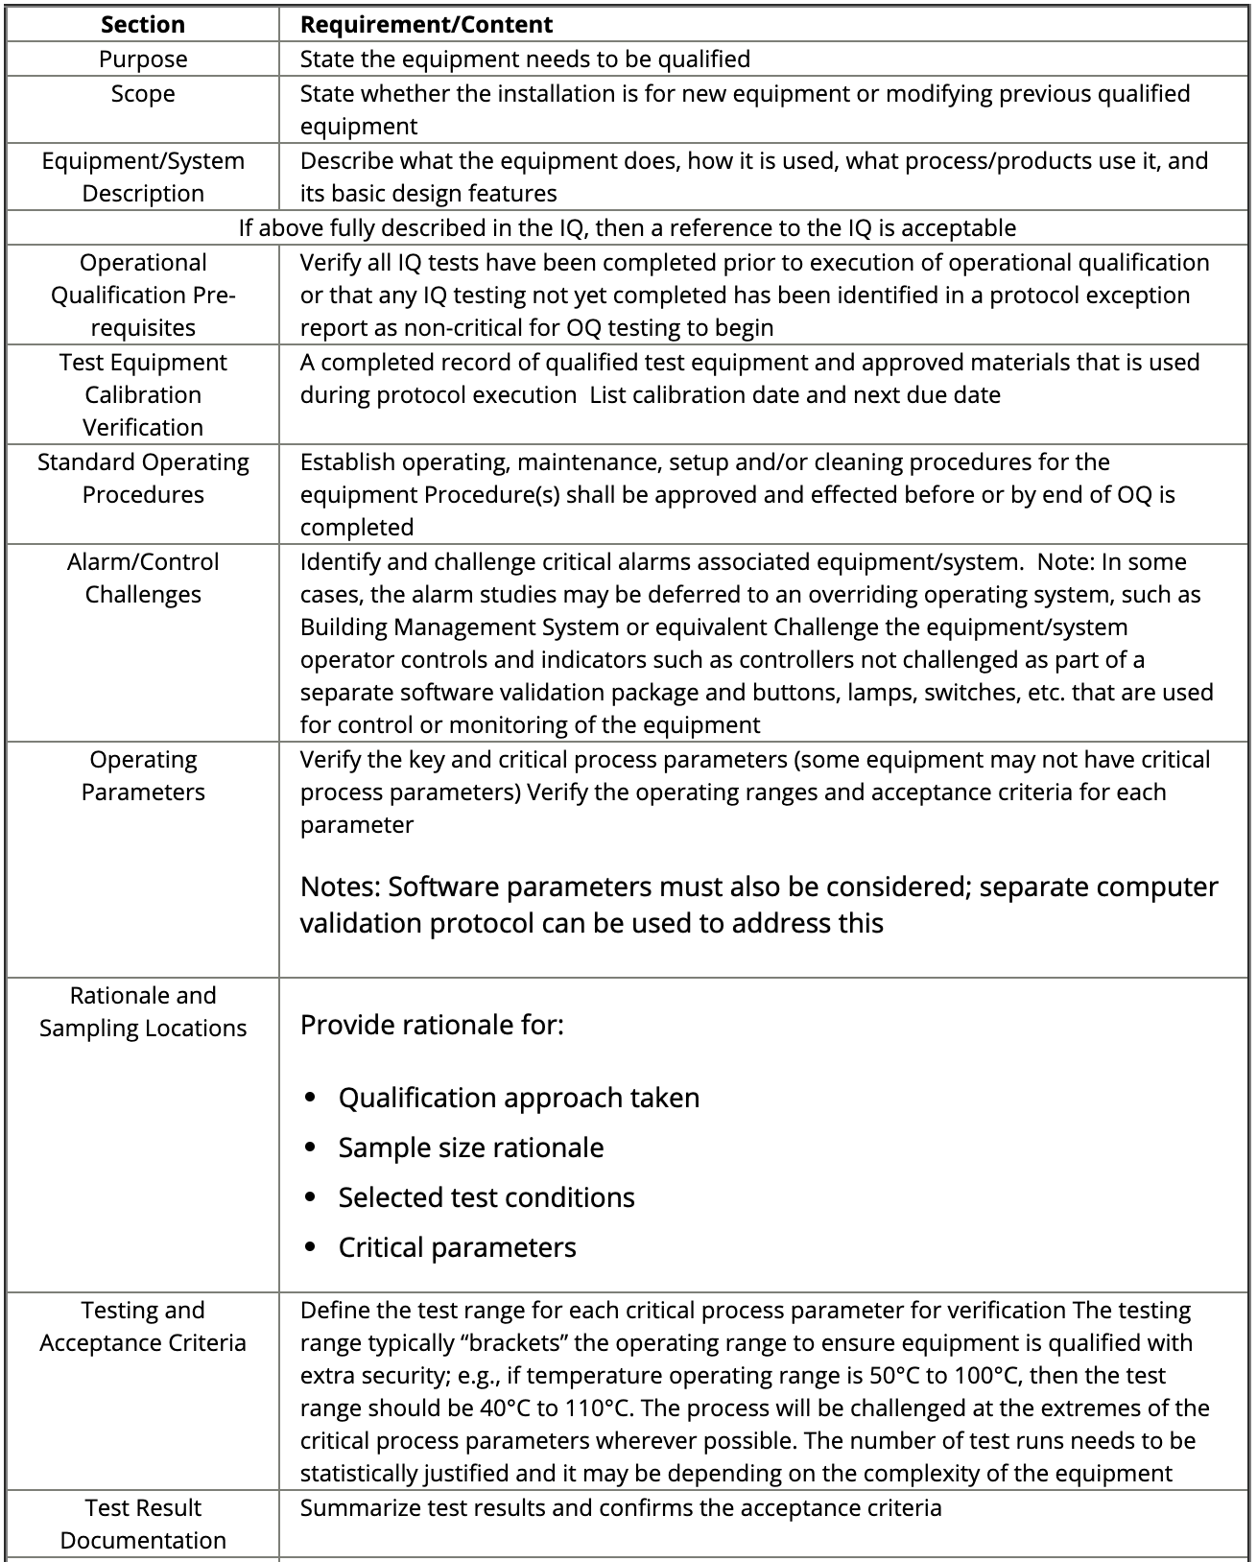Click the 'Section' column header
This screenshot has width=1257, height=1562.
point(142,24)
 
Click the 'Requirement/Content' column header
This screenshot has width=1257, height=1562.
point(426,24)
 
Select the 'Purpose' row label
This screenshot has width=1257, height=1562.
point(142,59)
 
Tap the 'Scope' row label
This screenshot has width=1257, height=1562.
point(142,93)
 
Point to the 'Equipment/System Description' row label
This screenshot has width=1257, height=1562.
point(142,177)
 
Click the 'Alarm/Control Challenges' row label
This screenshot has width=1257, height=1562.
point(142,578)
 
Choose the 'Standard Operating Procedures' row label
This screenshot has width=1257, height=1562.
point(142,478)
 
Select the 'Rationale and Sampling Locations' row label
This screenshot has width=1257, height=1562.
point(142,1011)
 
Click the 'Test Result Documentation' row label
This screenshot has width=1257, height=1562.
point(142,1524)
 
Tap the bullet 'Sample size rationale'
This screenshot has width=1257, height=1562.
point(470,1148)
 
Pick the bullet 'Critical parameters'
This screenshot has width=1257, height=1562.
point(457,1247)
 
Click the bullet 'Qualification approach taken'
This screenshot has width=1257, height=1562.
point(518,1098)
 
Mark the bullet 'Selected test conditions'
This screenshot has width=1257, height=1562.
point(486,1197)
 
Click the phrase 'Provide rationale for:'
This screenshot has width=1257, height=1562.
point(432,1025)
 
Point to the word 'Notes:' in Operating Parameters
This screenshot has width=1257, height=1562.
point(340,887)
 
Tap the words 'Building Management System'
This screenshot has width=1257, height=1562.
point(460,627)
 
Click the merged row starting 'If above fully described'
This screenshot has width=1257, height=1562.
point(627,227)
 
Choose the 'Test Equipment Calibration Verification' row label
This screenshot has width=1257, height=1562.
point(142,394)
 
